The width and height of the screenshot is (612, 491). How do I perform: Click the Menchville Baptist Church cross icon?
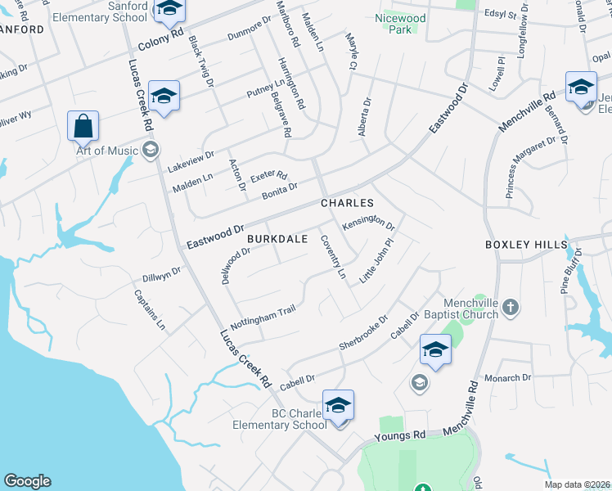(x=511, y=307)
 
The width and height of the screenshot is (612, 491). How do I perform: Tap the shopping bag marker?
(x=83, y=127)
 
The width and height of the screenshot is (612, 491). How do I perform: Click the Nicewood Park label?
(x=395, y=23)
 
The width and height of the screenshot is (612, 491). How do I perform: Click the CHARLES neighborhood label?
(x=347, y=203)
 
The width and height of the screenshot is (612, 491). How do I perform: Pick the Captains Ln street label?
(x=150, y=310)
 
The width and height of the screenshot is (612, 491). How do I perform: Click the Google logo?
(x=27, y=481)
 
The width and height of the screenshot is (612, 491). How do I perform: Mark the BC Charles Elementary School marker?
(x=338, y=405)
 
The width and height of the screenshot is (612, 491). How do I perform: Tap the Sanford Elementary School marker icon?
(x=169, y=9)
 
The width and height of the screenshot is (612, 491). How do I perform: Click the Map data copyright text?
(x=578, y=484)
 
